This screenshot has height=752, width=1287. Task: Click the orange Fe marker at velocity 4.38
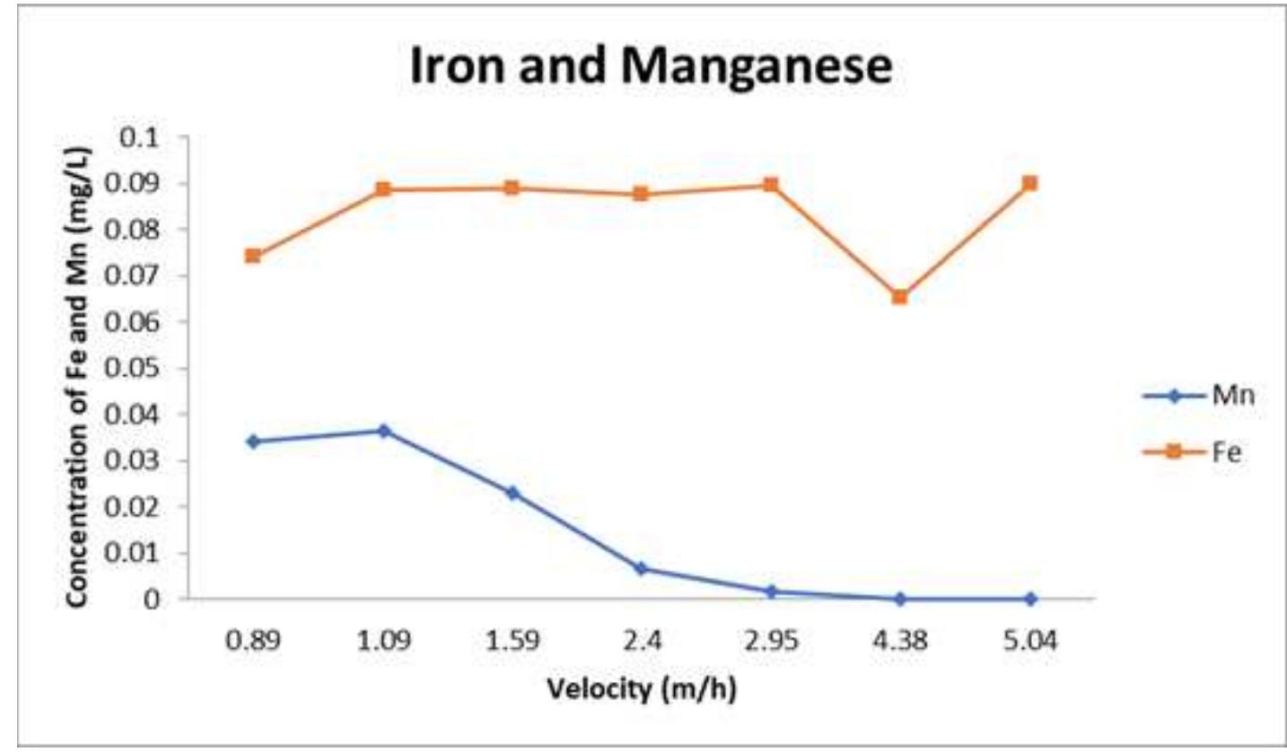pos(899,296)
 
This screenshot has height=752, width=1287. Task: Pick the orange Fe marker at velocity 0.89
pos(253,256)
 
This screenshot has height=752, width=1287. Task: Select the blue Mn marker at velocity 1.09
pos(384,431)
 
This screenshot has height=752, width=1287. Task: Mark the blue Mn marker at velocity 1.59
pos(512,493)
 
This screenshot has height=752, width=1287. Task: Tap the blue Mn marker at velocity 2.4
pos(641,568)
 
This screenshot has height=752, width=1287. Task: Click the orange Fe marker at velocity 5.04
pos(1029,183)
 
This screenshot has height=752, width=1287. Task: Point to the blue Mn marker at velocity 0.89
pos(253,442)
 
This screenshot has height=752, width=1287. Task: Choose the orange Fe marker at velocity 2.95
pos(770,185)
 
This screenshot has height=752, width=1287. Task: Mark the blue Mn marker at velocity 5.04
pos(1029,599)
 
